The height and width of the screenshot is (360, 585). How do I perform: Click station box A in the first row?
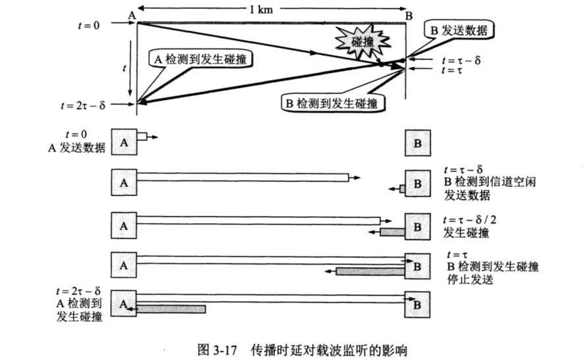pyautogui.click(x=124, y=141)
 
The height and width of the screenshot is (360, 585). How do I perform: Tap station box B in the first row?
pyautogui.click(x=417, y=143)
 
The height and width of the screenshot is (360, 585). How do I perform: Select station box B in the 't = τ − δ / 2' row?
pyautogui.click(x=417, y=224)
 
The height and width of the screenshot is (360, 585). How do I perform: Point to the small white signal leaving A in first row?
pyautogui.click(x=142, y=136)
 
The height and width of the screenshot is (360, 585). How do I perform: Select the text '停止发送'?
pyautogui.click(x=470, y=279)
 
